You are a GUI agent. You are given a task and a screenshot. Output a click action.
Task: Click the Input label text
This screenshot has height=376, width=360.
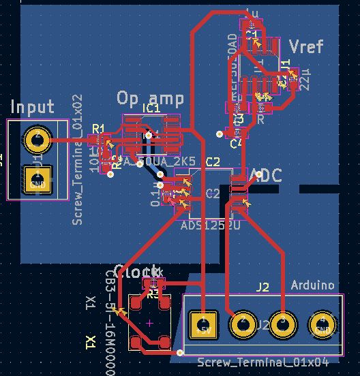32,107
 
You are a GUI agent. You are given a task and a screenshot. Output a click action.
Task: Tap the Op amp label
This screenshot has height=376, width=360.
150,98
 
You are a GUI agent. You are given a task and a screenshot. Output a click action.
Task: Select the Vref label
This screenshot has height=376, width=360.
306,46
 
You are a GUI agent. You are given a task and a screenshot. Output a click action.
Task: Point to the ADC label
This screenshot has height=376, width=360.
267,176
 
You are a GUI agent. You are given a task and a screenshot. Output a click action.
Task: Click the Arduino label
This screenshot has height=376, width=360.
313,284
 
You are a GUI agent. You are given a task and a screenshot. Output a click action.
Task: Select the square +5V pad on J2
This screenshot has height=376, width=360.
202,323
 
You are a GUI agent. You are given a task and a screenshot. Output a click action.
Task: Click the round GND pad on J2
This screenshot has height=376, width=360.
321,324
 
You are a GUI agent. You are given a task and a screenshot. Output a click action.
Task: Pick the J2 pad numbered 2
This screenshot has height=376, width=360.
241,323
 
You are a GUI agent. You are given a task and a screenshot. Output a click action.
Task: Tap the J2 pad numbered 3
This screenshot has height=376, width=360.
281,323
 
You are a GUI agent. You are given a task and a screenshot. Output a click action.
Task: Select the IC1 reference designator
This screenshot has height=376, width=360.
151,108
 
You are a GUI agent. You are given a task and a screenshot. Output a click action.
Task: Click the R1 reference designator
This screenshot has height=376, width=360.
98,129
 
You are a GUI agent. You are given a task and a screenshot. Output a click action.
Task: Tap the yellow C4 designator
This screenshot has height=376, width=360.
236,144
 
